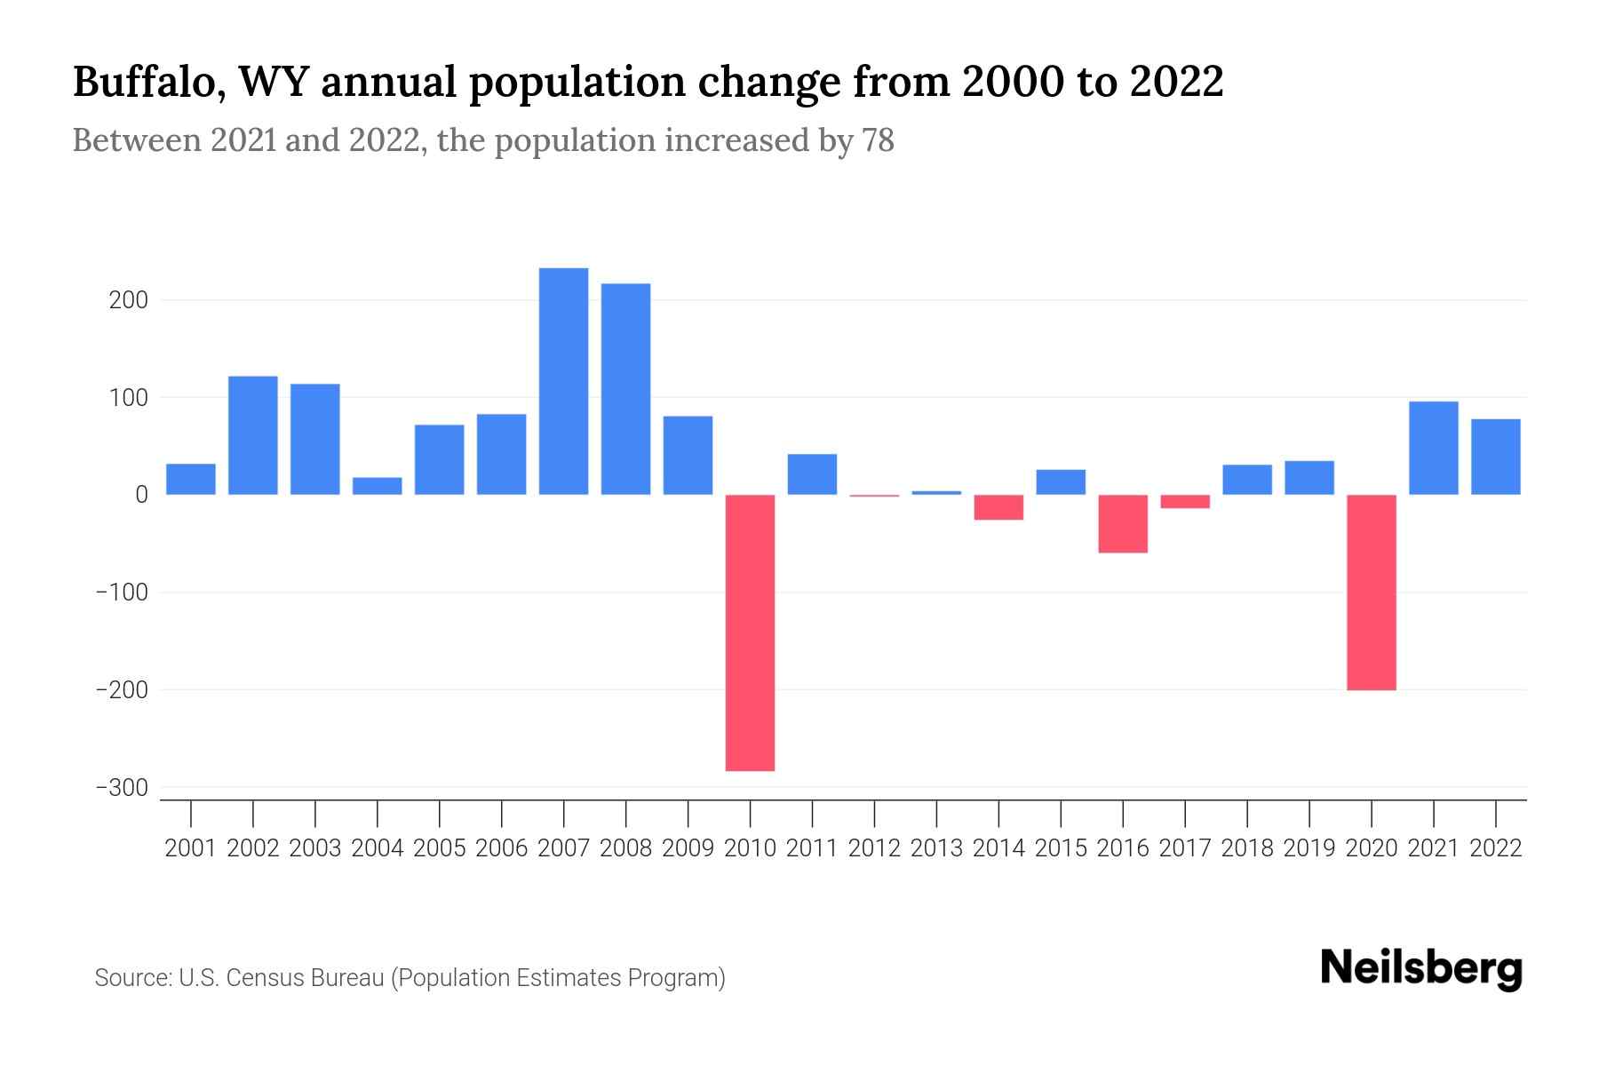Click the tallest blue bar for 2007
tap(563, 381)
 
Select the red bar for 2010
tap(750, 632)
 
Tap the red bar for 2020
tap(1371, 592)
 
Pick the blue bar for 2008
tap(625, 389)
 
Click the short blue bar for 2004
tap(377, 486)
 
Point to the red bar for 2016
tap(1122, 523)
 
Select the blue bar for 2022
tap(1495, 457)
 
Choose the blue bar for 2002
tap(252, 435)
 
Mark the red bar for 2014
tap(998, 507)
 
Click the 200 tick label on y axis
tap(128, 300)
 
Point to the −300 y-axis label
tap(121, 788)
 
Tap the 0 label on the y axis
tap(140, 495)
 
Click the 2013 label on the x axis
tap(936, 848)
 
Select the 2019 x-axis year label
tap(1309, 848)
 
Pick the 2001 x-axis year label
tap(191, 848)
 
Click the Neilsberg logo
tap(1421, 968)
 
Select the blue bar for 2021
tap(1433, 448)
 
